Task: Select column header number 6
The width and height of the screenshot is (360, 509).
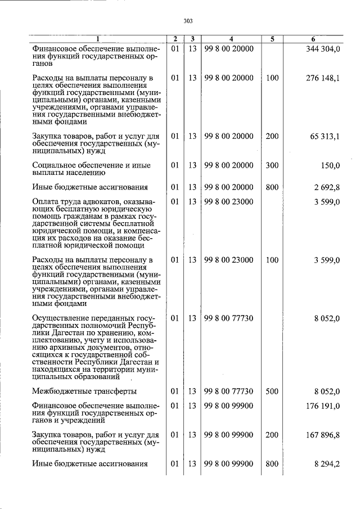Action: [x=313, y=39]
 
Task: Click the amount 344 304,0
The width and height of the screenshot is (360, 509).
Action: [x=322, y=49]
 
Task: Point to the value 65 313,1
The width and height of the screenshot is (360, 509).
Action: [x=325, y=136]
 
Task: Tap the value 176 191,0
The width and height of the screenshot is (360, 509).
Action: [x=322, y=407]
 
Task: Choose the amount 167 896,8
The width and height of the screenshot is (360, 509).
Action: [x=322, y=435]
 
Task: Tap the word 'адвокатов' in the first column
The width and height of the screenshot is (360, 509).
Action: [x=98, y=201]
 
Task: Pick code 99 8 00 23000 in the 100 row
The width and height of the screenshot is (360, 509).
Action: [x=229, y=260]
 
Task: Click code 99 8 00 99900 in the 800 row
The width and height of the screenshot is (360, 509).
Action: [x=229, y=463]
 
